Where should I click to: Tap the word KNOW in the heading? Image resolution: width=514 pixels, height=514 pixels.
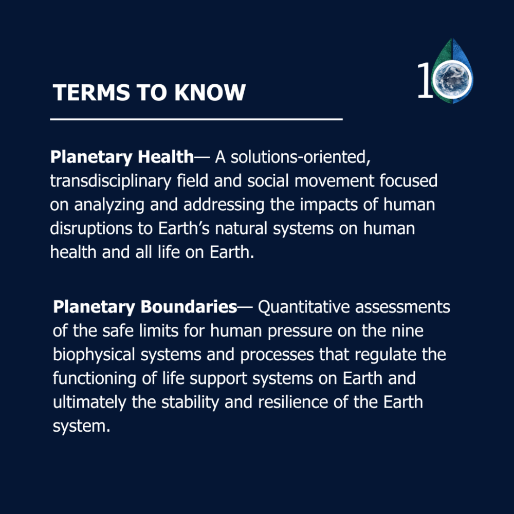click(x=210, y=92)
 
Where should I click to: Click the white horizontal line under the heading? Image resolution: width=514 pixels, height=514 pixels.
click(x=196, y=119)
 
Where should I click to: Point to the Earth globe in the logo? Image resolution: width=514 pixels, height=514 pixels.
click(x=452, y=79)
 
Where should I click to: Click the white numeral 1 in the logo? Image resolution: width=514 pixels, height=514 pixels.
click(x=425, y=80)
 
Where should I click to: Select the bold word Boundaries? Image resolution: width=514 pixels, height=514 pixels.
click(x=189, y=307)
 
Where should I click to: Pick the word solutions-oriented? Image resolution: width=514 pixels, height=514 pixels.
click(x=301, y=157)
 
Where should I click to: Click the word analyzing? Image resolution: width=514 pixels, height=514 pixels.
click(x=109, y=205)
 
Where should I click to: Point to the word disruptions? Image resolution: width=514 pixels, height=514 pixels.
click(x=91, y=229)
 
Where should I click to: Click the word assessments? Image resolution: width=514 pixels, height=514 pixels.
click(x=402, y=307)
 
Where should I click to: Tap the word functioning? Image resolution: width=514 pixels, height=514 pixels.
click(x=95, y=379)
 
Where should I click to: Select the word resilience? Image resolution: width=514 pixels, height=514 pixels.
click(x=293, y=402)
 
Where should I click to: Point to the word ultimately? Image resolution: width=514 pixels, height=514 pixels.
click(x=89, y=402)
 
